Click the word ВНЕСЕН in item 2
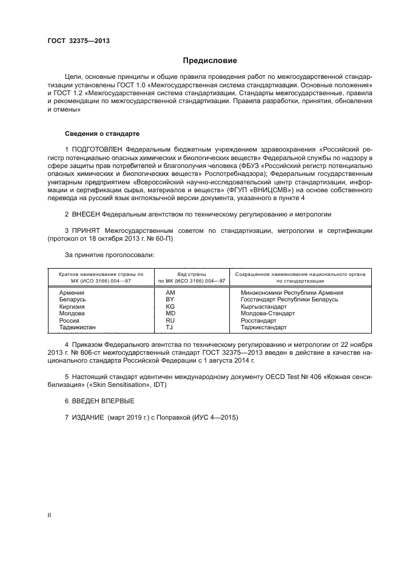(86, 215)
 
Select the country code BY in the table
(170, 300)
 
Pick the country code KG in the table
(170, 307)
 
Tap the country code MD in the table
(170, 314)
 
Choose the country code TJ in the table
(170, 327)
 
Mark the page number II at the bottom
(50, 515)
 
